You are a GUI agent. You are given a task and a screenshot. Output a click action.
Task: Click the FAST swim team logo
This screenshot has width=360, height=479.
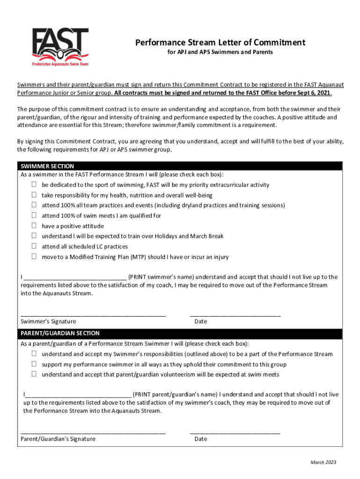(60, 47)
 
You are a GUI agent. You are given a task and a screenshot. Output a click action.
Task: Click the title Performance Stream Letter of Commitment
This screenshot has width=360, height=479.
(220, 43)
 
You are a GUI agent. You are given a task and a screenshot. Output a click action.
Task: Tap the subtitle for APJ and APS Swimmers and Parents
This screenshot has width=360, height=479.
(220, 52)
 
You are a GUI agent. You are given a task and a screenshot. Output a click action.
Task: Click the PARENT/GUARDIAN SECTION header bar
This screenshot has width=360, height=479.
(60, 334)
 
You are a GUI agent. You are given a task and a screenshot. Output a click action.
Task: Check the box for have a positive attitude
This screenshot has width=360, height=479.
(34, 225)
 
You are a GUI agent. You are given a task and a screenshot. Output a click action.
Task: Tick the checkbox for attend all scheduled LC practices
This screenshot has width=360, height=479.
(34, 246)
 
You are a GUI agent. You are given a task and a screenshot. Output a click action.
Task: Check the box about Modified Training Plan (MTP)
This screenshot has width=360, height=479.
(34, 256)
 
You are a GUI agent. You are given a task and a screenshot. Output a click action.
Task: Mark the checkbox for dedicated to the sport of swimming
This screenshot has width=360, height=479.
(34, 184)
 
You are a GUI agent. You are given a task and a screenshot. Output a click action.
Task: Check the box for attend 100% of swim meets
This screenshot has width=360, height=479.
(34, 215)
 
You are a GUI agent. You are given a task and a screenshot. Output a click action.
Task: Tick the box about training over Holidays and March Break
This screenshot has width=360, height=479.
(34, 236)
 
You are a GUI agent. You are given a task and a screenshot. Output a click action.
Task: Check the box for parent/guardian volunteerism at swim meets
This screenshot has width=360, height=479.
(34, 374)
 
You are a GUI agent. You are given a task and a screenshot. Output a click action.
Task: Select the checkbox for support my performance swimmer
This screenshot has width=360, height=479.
(34, 364)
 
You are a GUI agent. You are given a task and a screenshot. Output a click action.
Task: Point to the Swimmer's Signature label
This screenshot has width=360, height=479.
(49, 321)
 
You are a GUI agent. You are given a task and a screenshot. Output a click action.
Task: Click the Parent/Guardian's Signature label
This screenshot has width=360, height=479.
(58, 439)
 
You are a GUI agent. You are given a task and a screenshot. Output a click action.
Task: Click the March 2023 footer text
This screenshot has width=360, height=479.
(323, 463)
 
